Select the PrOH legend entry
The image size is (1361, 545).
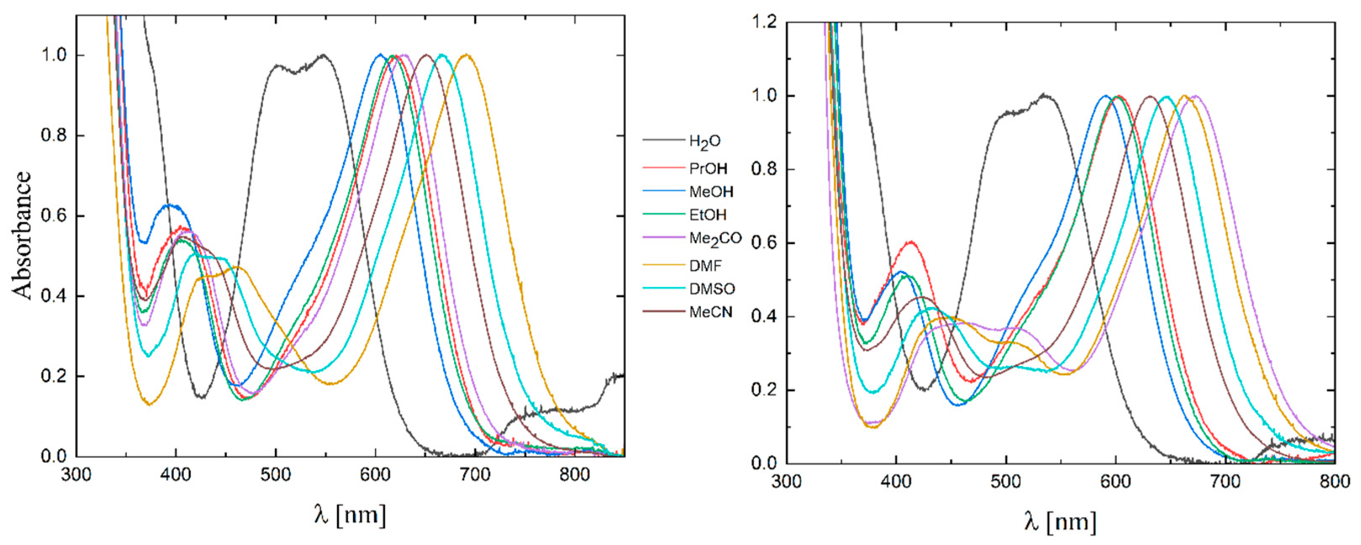pos(708,169)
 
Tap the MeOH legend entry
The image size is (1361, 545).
pos(711,192)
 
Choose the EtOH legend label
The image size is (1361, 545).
pos(707,215)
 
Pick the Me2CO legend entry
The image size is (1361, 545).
pos(715,239)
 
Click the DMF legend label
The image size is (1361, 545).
pos(705,266)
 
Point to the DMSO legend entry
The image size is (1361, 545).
pos(712,289)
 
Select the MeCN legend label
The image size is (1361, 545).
pos(711,312)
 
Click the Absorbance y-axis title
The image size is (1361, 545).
pos(22,235)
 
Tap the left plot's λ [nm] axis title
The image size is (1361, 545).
pos(350,514)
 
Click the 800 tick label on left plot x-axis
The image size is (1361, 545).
pos(574,474)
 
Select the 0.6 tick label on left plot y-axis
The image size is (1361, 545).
pos(54,216)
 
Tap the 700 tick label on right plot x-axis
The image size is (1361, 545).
pos(1225,481)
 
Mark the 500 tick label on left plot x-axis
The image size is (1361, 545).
pos(275,474)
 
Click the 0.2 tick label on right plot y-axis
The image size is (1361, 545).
pos(764,390)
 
